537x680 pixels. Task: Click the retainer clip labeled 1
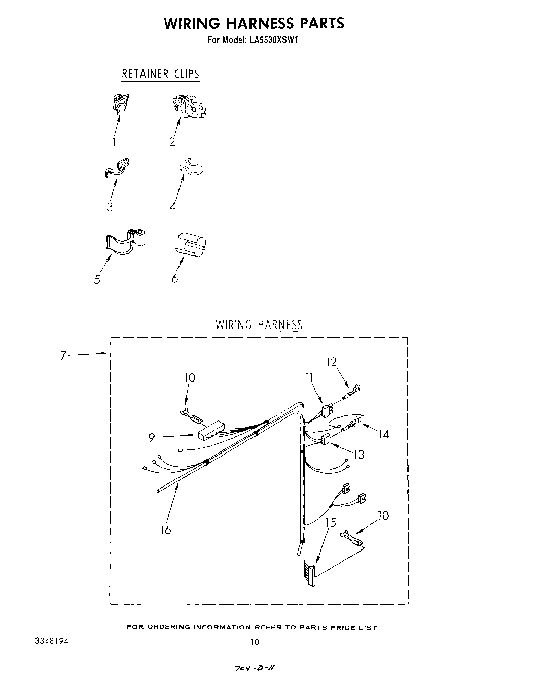(x=120, y=104)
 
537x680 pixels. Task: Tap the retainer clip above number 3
(x=116, y=169)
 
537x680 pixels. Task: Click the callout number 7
(x=63, y=355)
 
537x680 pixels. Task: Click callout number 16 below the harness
(x=165, y=530)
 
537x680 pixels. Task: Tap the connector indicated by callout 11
(x=328, y=409)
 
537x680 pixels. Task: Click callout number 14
(x=383, y=434)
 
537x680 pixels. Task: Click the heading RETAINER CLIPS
(x=160, y=74)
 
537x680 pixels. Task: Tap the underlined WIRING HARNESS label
(x=259, y=325)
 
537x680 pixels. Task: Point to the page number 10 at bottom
(x=254, y=642)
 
